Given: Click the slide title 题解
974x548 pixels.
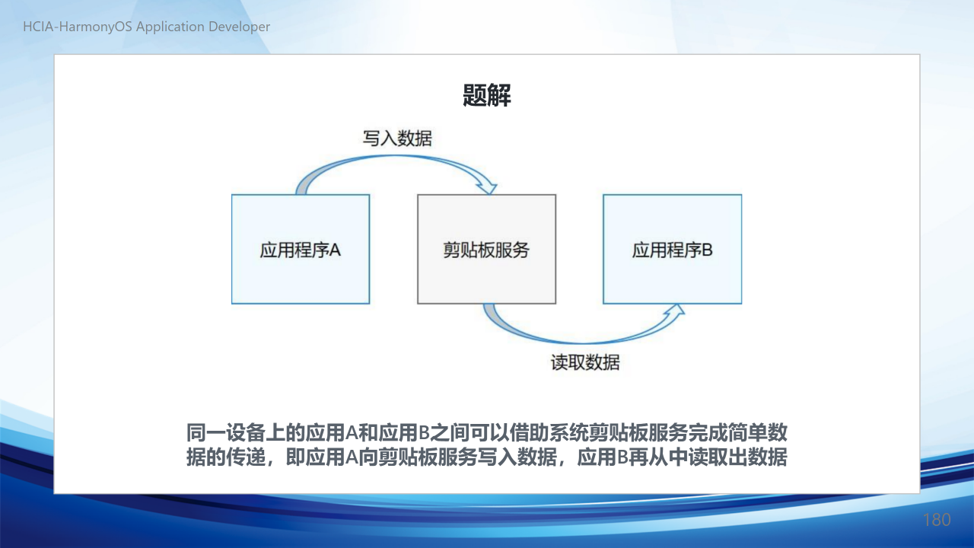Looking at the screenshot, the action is (x=486, y=95).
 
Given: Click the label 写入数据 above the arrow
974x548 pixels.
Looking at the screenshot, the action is (x=397, y=139).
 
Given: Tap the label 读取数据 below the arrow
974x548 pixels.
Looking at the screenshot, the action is (x=585, y=362).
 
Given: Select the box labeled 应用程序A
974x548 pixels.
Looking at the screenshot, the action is (x=301, y=249).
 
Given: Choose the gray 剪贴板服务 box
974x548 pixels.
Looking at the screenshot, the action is (x=486, y=249).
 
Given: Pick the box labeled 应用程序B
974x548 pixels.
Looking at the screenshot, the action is (x=672, y=249).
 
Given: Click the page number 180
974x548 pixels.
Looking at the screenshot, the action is (x=937, y=520).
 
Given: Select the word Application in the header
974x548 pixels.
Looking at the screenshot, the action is (x=170, y=27).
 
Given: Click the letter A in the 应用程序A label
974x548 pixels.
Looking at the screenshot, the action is (x=335, y=250).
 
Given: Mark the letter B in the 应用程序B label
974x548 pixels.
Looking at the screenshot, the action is (x=708, y=250).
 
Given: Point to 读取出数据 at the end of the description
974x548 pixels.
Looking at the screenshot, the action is (x=738, y=457).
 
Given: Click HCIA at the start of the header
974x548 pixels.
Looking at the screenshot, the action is (x=38, y=27).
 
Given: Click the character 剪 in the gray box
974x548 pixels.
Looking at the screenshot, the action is (x=451, y=250).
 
